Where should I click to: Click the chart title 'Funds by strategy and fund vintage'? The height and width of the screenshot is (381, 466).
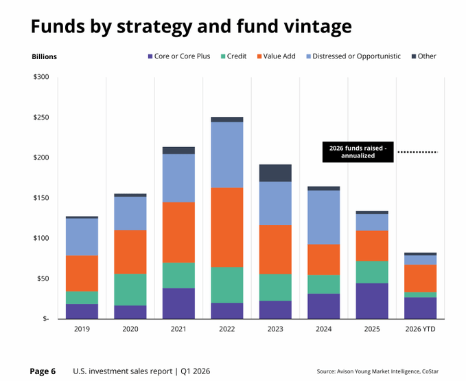(191, 26)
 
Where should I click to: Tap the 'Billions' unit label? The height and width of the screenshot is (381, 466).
(45, 56)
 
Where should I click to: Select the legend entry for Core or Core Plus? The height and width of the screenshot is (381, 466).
(179, 56)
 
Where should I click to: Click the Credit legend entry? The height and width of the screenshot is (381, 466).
(233, 56)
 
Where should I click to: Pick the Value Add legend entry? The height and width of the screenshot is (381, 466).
(277, 56)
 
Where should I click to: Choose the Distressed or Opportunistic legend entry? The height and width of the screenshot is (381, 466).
(353, 56)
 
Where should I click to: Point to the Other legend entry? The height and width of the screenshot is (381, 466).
(424, 56)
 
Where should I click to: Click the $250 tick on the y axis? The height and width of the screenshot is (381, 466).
(41, 117)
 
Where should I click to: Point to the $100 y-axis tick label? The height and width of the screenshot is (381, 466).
(41, 238)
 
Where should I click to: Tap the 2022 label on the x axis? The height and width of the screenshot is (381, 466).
(226, 329)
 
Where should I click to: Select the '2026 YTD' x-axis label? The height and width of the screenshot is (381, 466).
(420, 329)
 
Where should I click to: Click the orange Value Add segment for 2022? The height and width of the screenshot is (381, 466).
(227, 227)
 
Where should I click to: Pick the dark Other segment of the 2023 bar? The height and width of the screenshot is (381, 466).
(275, 173)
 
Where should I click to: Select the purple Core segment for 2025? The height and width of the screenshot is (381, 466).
(372, 301)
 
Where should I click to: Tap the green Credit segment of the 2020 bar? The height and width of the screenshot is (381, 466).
(130, 290)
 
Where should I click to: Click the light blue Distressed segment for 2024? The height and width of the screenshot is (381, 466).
(324, 217)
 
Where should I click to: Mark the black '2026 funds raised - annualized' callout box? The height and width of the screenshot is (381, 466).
(358, 152)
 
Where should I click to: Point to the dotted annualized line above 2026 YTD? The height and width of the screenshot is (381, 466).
(418, 152)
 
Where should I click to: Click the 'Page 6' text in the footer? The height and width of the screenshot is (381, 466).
(43, 371)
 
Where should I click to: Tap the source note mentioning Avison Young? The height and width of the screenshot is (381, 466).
(377, 371)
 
